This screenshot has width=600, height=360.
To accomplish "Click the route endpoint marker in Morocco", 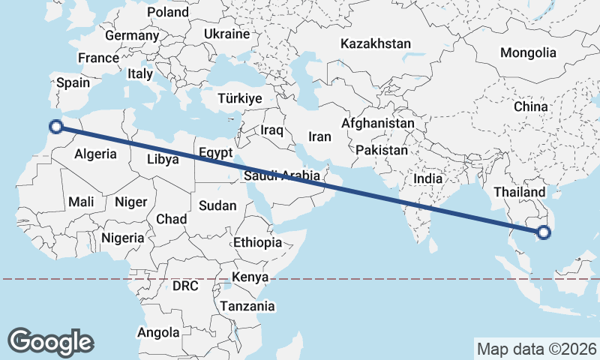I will pos(55,127).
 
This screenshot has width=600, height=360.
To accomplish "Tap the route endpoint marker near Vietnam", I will pos(544,233).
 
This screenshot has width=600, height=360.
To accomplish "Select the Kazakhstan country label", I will pos(375,44).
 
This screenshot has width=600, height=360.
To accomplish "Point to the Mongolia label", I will pos(528,52).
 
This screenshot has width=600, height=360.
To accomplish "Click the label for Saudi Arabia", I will pos(282,176).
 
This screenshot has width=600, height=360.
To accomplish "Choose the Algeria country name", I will pos(96,154).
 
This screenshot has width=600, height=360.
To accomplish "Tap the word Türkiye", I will pos(239,99).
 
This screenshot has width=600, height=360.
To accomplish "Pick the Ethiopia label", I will pos(257,242).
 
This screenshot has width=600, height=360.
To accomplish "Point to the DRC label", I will pos(185,286).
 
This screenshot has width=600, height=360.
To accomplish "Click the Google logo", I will pos(50,341).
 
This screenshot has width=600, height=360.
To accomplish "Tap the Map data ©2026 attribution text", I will pos(536,349).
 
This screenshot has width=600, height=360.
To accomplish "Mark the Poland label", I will pos(168,12).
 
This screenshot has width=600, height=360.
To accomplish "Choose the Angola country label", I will pos(158,332).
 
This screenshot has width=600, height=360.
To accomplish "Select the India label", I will pos(427,179).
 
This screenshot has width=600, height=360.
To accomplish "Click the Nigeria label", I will pos(121,238).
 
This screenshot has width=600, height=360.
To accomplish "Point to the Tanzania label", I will pos(247,306).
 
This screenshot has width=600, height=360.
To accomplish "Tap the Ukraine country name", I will pos(226,34).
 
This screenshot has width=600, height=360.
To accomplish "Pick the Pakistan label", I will pos(382,150).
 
